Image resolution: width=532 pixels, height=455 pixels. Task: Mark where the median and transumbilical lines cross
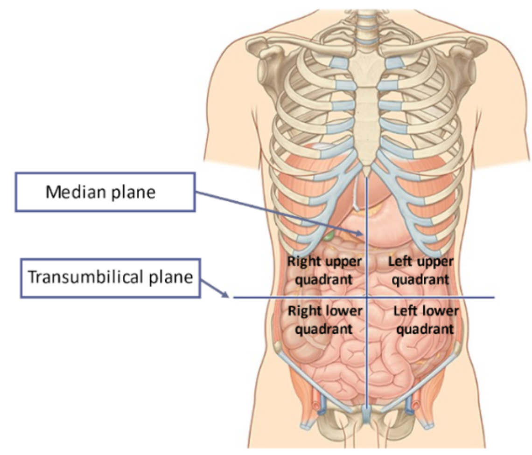367,297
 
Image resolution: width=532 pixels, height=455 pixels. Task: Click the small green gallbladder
329,236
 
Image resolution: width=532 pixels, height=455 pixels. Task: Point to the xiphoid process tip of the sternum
366,173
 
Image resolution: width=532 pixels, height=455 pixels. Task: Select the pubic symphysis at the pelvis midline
367,413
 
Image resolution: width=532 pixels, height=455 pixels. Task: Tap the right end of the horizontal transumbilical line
493,297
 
